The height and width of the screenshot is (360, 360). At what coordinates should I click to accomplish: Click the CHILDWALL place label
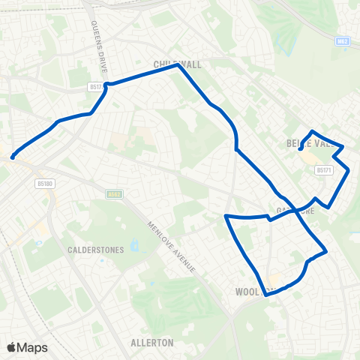178,64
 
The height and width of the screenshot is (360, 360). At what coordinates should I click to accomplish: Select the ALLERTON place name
151,343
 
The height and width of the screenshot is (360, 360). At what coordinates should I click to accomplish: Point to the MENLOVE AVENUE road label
172,247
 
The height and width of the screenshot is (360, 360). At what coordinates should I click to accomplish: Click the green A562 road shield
114,193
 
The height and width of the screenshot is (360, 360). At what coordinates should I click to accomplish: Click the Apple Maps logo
28,347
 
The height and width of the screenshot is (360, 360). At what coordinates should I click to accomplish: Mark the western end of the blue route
13,157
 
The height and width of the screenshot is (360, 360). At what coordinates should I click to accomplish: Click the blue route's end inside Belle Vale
300,150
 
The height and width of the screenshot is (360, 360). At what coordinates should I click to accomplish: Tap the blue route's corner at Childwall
178,65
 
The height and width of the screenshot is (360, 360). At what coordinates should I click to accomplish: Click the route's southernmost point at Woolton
266,294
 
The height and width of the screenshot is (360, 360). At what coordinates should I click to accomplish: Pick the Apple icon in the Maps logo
11,347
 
